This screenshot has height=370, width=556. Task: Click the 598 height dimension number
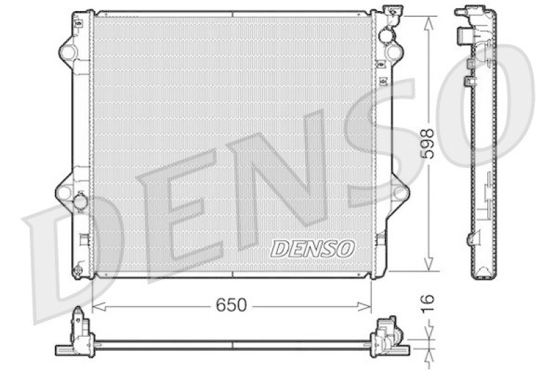[429, 143]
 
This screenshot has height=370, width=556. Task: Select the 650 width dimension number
[232, 305]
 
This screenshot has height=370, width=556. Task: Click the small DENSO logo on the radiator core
[313, 247]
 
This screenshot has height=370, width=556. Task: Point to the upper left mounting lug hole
[68, 51]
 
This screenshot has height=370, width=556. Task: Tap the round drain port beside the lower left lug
[81, 201]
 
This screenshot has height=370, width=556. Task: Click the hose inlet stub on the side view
[462, 35]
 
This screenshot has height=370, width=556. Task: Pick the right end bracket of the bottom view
[385, 337]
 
